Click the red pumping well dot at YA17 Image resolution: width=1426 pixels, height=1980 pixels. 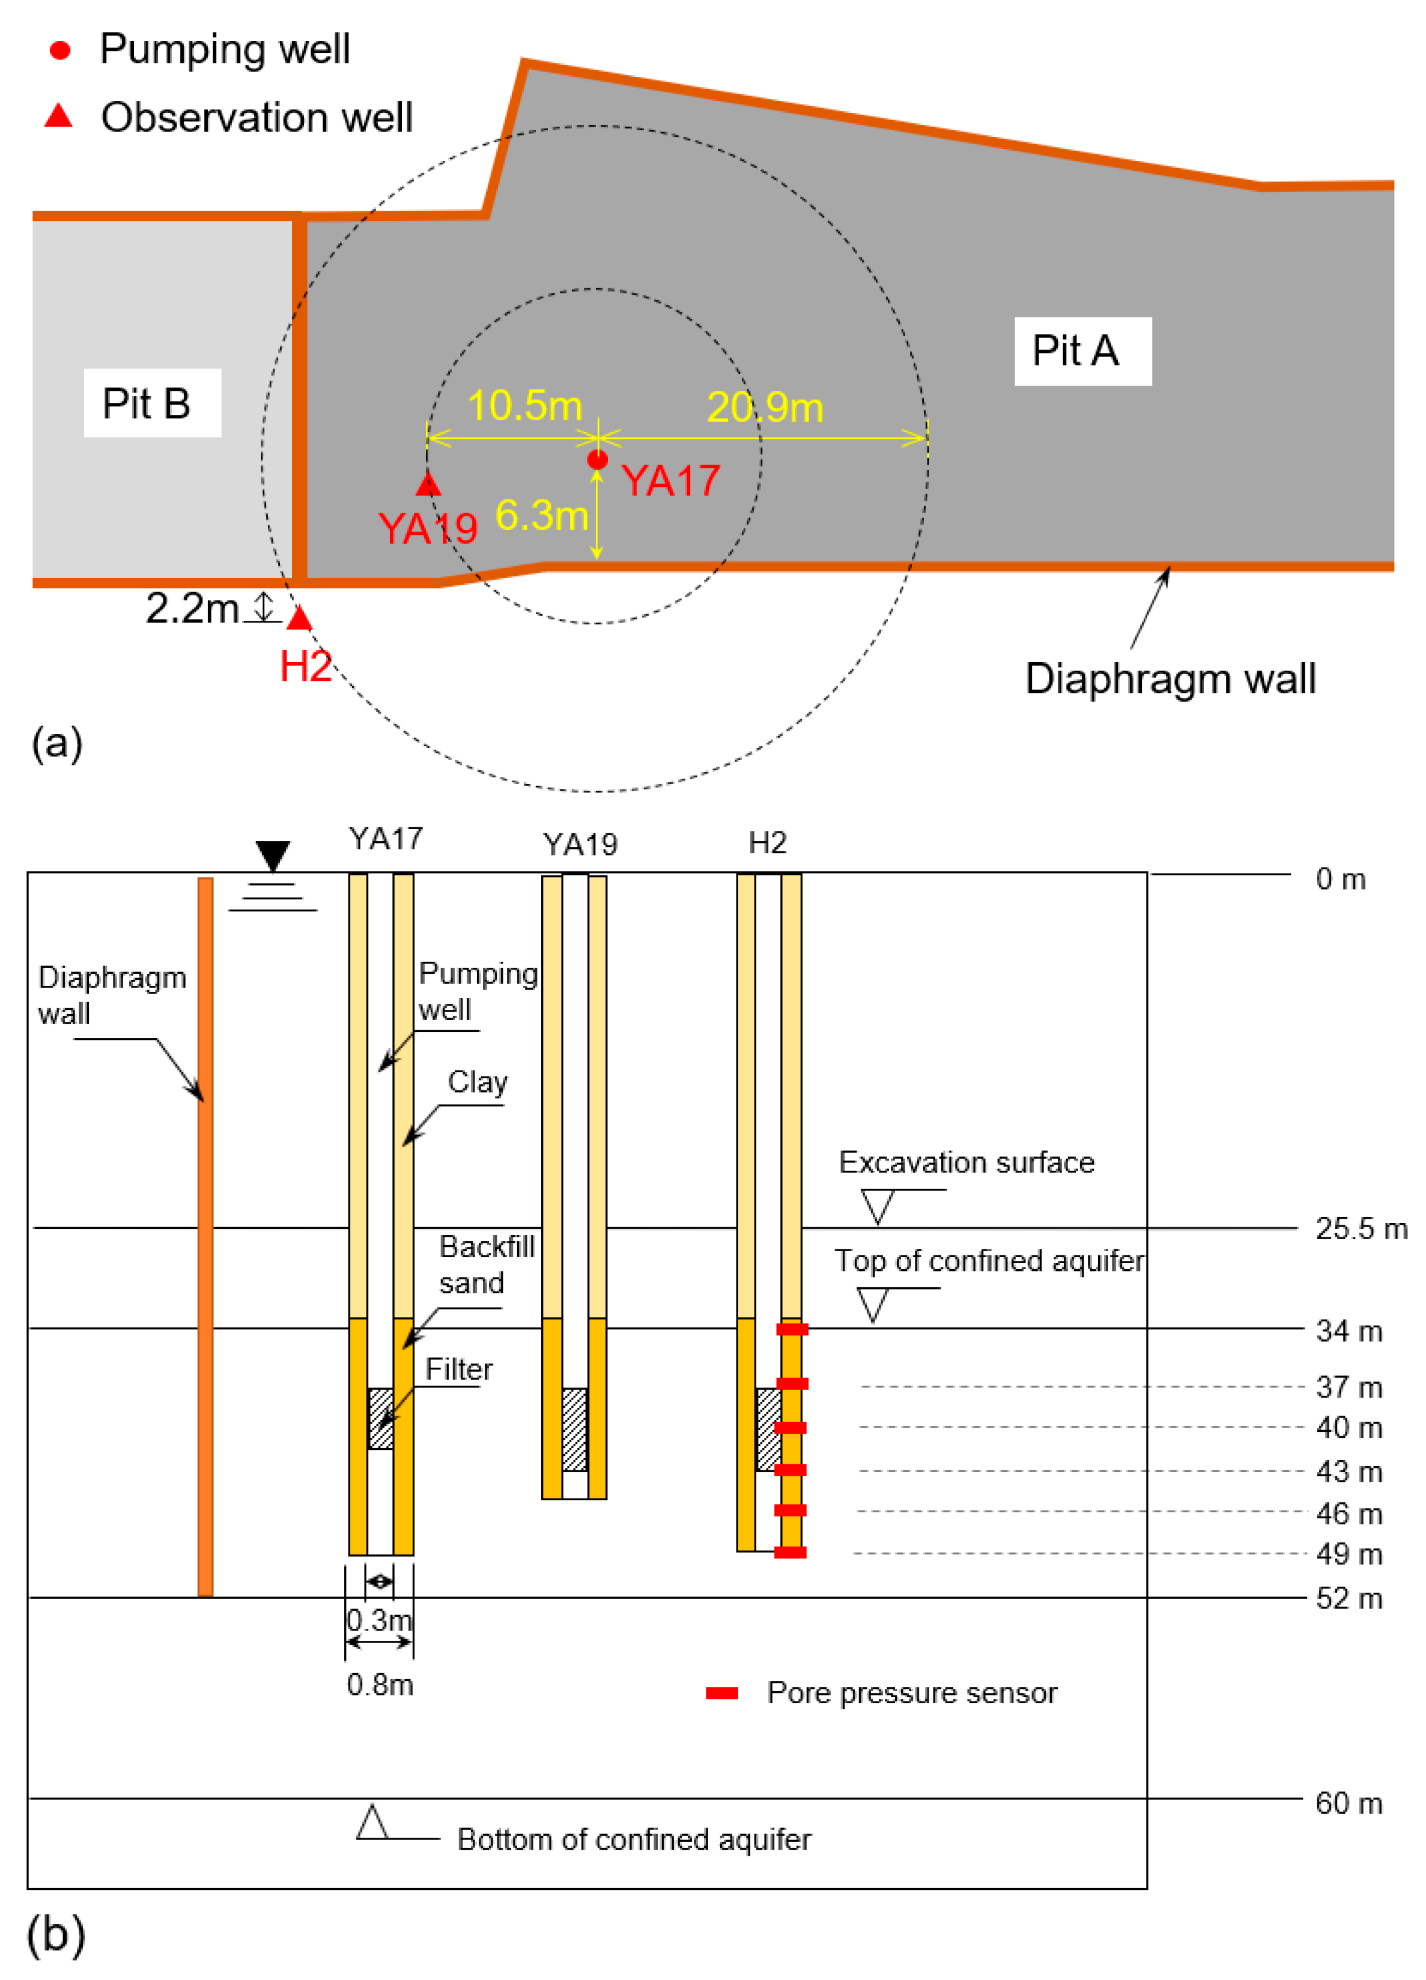597,459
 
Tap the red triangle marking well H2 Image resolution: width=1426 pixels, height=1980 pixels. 300,619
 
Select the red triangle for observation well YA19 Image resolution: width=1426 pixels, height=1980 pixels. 428,484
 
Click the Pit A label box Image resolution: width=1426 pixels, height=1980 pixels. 1082,351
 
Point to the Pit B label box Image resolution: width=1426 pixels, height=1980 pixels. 152,403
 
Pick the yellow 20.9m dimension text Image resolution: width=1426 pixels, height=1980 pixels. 765,408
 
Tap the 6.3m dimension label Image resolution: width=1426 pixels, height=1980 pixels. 541,516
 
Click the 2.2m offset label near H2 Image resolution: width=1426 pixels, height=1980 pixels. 191,609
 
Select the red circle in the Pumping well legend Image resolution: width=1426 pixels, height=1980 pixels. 60,50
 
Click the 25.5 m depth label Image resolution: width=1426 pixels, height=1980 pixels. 1361,1229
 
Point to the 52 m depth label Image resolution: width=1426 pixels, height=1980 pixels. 1349,1599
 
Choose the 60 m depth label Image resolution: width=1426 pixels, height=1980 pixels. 1349,1803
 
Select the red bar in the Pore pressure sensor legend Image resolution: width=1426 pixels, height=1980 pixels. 722,1694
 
